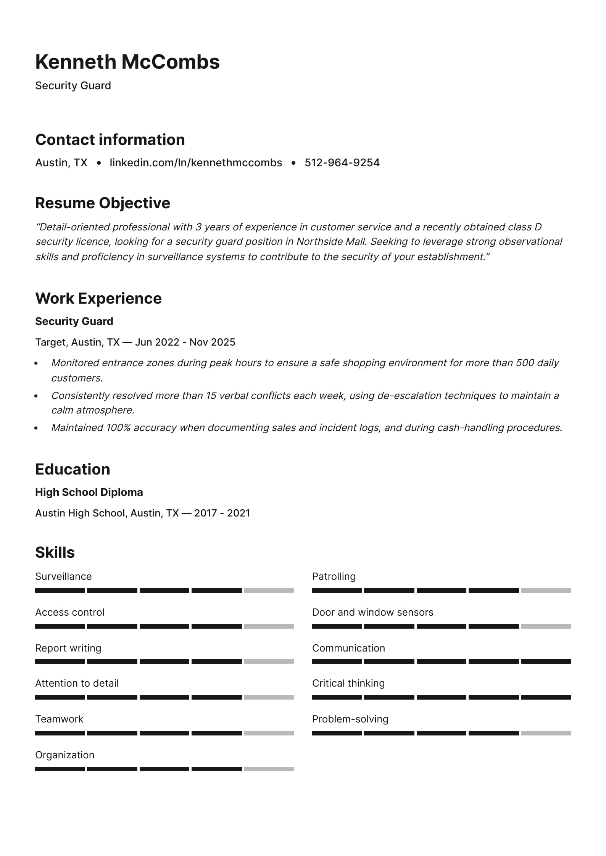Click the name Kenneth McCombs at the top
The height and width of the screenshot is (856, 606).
coord(127,62)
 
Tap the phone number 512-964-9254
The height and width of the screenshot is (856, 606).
coord(342,163)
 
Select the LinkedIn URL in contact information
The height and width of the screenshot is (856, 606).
coord(196,163)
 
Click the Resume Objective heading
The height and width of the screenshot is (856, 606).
coord(103,203)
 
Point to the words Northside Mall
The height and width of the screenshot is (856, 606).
coord(332,242)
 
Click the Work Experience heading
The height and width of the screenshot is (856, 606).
coord(98,298)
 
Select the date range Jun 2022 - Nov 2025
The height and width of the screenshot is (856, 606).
coord(185,342)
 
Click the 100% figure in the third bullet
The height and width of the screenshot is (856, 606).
coord(118,428)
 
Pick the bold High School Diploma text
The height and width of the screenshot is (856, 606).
coord(89,492)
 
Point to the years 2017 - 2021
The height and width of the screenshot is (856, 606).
coord(222,513)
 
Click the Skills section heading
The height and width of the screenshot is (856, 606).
coord(55,552)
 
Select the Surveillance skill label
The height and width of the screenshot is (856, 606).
coord(63,576)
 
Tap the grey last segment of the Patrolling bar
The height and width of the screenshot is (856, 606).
coord(546,591)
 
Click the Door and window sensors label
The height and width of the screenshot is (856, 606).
coord(372,612)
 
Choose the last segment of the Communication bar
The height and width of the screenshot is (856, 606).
coord(546,662)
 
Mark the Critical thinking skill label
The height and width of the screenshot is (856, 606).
coord(348,683)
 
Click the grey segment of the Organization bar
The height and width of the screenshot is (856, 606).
coord(269,769)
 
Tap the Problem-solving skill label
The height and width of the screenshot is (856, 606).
coord(350,719)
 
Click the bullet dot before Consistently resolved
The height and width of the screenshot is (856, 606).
coord(36,396)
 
